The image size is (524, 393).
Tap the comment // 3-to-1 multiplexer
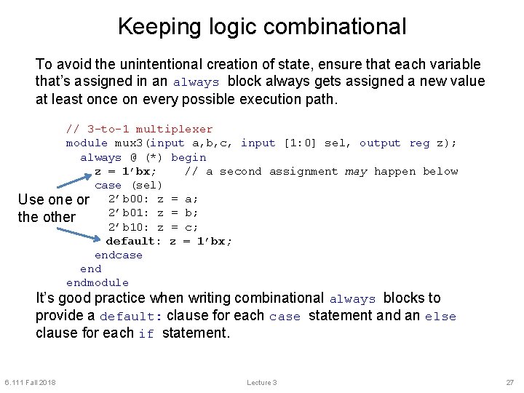click(139, 129)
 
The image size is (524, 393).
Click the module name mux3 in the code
click(130, 143)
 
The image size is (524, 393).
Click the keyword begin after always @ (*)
click(188, 157)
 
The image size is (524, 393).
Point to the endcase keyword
click(119, 255)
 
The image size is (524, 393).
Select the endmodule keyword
click(98, 282)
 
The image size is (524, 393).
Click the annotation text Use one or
click(53, 199)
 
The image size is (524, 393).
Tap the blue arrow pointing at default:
click(80, 234)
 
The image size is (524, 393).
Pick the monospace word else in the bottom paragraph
click(440, 317)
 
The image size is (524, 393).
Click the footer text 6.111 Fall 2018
click(30, 383)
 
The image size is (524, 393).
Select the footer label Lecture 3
click(261, 383)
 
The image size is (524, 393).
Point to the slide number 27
click(509, 383)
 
